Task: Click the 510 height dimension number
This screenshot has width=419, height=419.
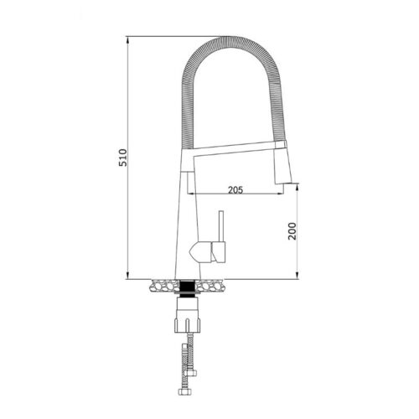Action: (x=122, y=158)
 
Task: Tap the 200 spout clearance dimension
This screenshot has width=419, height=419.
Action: (x=291, y=232)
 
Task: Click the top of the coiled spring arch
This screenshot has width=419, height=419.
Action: (x=228, y=40)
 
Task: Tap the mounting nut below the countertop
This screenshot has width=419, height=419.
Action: (x=189, y=318)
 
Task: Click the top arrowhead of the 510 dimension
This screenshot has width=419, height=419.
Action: (x=127, y=39)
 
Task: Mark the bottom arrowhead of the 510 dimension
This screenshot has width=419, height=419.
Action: (x=127, y=277)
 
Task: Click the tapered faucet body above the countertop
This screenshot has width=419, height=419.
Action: (x=189, y=226)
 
